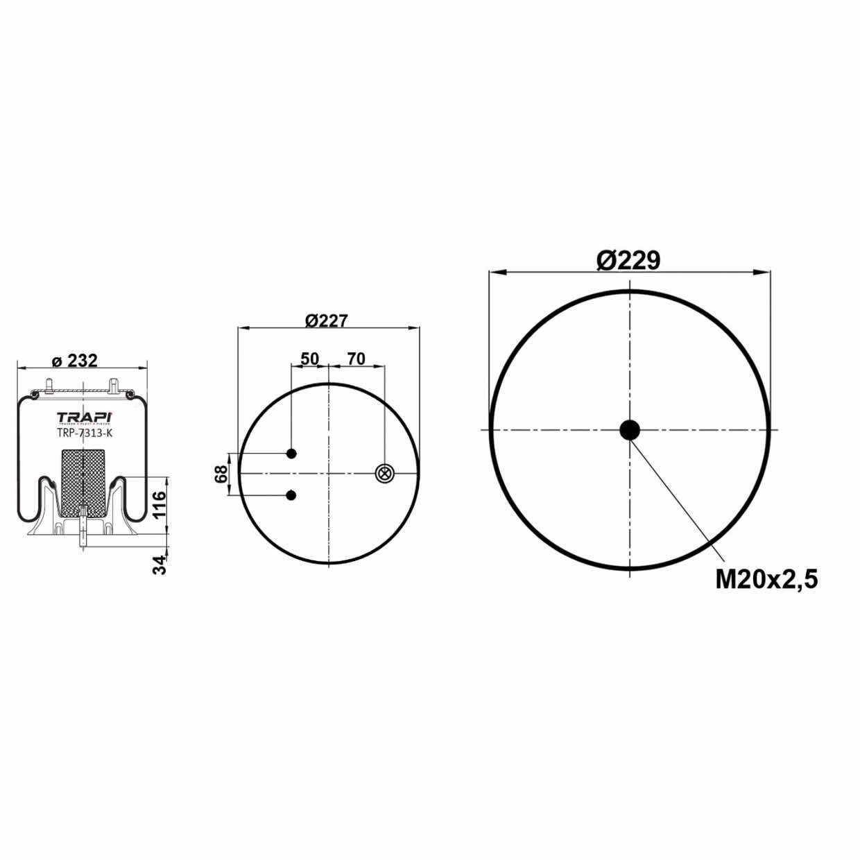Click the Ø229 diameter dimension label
click(628, 261)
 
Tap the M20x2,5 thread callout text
click(766, 578)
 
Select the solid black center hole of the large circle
click(630, 430)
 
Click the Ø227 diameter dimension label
click(326, 320)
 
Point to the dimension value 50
click(309, 359)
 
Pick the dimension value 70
click(356, 359)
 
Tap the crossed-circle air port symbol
click(384, 474)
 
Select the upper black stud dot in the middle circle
click(292, 454)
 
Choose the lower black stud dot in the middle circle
click(292, 495)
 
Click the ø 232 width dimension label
click(75, 361)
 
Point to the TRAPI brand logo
click(83, 417)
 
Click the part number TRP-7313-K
click(83, 433)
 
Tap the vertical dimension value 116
click(160, 506)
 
